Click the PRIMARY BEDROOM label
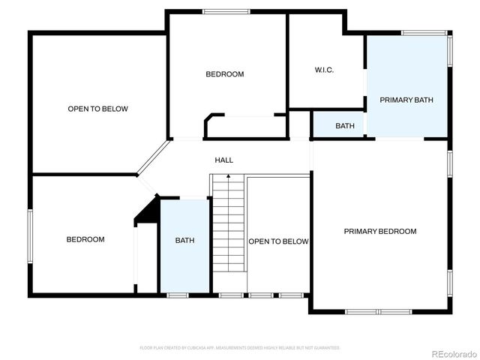click(x=379, y=231)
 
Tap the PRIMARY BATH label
click(x=406, y=100)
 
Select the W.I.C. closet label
click(x=324, y=70)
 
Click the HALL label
click(x=223, y=160)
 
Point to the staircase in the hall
click(x=229, y=232)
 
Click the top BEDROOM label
click(x=225, y=73)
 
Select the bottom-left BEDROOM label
click(x=85, y=239)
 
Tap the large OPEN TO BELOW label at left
click(x=97, y=109)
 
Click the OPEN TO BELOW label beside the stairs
click(x=278, y=241)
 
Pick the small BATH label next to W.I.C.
click(x=345, y=126)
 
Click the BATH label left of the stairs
click(x=184, y=240)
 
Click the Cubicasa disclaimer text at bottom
click(x=240, y=348)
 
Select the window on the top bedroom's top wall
click(x=226, y=11)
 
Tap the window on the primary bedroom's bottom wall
click(x=378, y=311)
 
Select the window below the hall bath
click(x=177, y=295)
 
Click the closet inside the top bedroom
click(x=246, y=127)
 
